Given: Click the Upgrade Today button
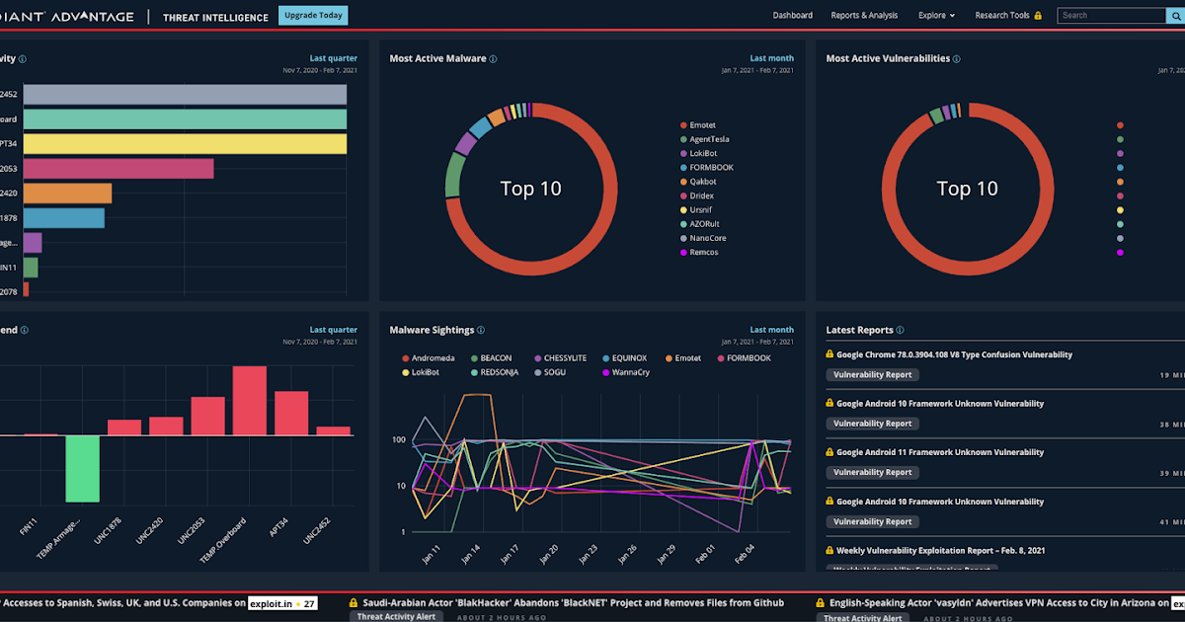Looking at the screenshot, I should tap(313, 15).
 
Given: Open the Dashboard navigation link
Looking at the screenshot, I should tap(792, 16).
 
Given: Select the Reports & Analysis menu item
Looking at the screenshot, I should tap(864, 16).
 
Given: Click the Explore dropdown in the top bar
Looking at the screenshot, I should tap(936, 16).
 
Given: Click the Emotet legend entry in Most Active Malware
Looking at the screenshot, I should tap(702, 125).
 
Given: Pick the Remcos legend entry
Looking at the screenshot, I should tap(703, 253).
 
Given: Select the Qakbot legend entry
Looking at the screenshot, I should tap(703, 182).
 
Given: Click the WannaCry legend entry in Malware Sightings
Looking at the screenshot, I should tap(631, 372).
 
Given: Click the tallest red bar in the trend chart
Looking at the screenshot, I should tap(250, 400).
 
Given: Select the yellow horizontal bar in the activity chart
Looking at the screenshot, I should tap(185, 144).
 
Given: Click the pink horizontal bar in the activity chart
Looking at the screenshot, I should tap(118, 169).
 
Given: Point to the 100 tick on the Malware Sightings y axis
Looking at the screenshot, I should tap(399, 439).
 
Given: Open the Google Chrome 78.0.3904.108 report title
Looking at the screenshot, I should tap(954, 354).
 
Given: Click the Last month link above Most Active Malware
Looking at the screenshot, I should tap(771, 58).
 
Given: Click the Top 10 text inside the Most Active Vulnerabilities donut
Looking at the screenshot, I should tap(967, 189).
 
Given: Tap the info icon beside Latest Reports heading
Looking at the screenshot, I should tap(900, 331).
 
